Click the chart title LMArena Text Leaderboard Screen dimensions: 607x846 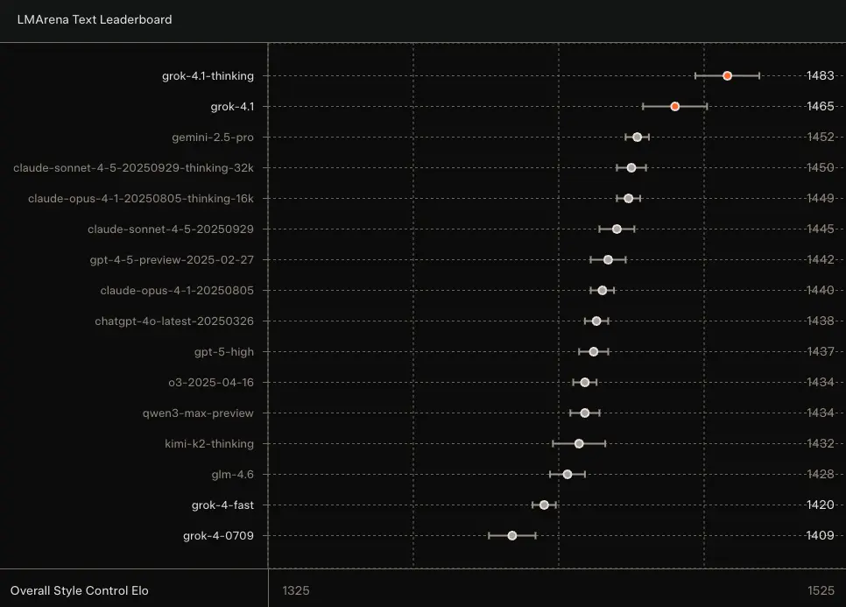95,19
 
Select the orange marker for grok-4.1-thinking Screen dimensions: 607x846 727,76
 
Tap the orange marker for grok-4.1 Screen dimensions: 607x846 674,107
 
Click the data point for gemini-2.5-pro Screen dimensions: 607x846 637,138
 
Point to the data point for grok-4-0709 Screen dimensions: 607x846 512,536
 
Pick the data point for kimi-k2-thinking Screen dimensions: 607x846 579,444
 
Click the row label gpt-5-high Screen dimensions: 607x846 224,352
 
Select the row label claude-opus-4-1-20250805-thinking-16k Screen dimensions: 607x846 141,199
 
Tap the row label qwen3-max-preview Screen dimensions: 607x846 198,413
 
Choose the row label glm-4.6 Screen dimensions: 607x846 233,475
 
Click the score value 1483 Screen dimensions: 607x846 820,76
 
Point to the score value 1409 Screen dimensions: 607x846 820,536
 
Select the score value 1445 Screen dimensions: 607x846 820,229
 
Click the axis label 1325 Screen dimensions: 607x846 296,591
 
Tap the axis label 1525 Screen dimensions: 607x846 821,591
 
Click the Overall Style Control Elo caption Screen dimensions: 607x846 80,591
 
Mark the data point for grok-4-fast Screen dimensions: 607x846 544,505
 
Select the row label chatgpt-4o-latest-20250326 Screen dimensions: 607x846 174,321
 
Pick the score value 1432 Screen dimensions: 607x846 820,444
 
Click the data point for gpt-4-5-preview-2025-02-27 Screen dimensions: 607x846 608,260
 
